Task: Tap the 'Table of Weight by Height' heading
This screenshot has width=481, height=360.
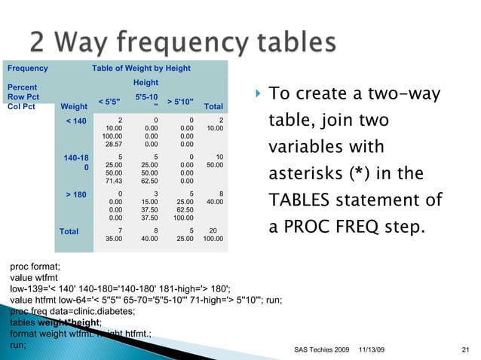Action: pos(141,69)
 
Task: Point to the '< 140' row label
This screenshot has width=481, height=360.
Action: pos(77,121)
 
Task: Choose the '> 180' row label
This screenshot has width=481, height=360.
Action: pos(77,194)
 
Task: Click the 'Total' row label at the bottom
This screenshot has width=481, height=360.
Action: pos(69,231)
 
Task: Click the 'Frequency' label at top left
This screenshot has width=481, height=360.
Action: pos(27,69)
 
